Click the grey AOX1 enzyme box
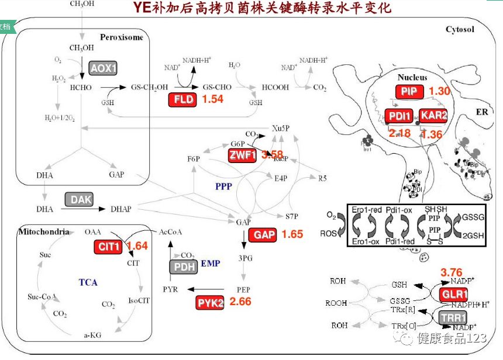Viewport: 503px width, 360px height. pyautogui.click(x=104, y=68)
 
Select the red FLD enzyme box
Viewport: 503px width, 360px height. pyautogui.click(x=183, y=100)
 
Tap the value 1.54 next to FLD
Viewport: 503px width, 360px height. pyautogui.click(x=213, y=99)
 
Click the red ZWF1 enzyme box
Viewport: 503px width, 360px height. pyautogui.click(x=243, y=155)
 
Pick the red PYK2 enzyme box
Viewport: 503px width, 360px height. pyautogui.click(x=210, y=302)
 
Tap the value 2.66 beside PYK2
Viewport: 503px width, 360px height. pyautogui.click(x=241, y=302)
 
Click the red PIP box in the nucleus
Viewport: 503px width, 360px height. pyautogui.click(x=409, y=92)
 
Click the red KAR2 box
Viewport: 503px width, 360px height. pyautogui.click(x=433, y=116)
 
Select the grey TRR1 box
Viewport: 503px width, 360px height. pyautogui.click(x=452, y=317)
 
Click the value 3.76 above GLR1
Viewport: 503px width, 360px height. pyautogui.click(x=451, y=272)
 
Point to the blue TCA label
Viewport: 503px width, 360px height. pyautogui.click(x=88, y=282)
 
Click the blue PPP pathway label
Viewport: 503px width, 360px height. pyautogui.click(x=224, y=186)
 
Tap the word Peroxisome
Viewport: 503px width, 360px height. pyautogui.click(x=121, y=37)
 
